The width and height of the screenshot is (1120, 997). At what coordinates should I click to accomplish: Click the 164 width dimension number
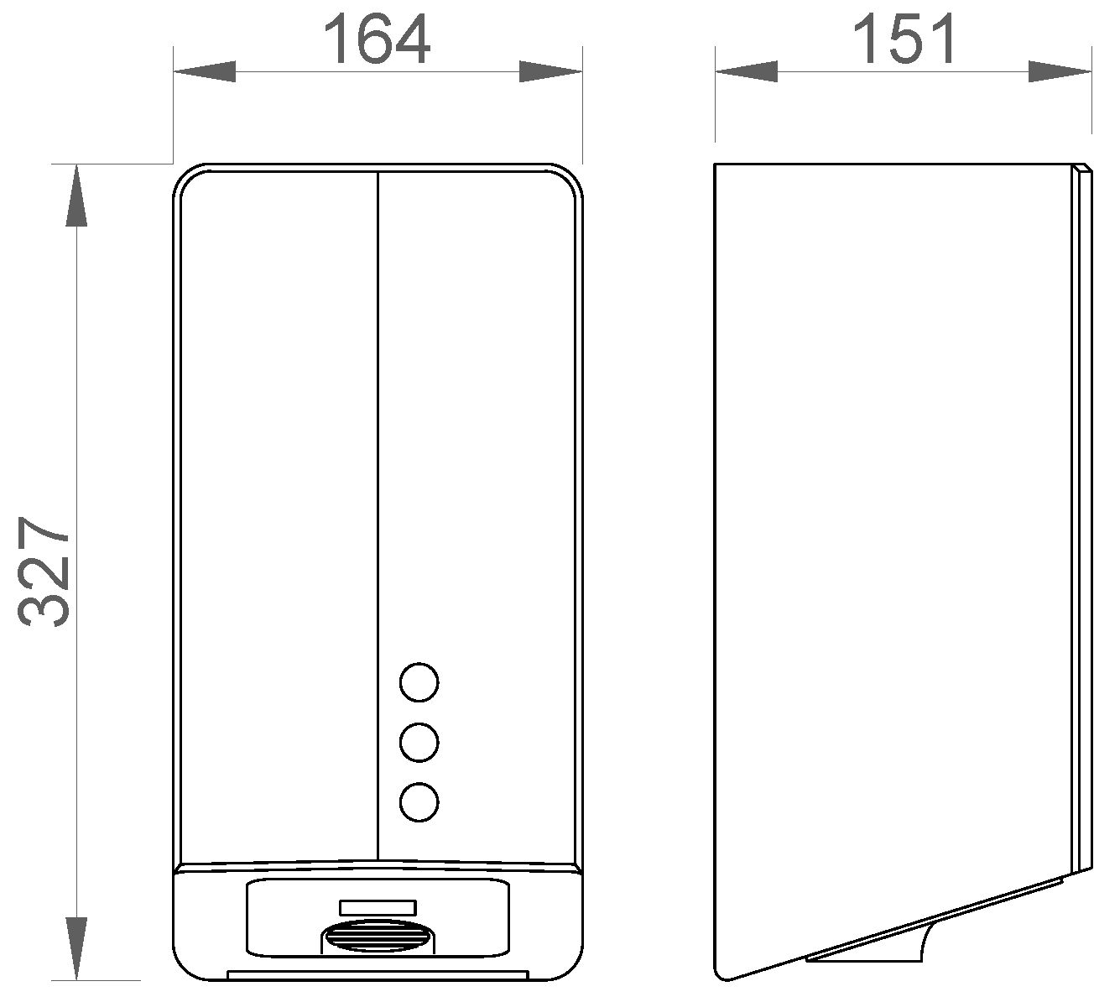[x=376, y=40]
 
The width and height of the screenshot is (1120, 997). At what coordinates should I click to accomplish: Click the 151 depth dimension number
[x=904, y=39]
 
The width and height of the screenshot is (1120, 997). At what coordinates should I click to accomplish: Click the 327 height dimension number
[x=44, y=572]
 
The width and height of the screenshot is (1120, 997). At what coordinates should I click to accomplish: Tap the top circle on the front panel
[x=419, y=681]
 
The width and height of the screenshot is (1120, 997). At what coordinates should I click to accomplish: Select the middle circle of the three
[x=419, y=742]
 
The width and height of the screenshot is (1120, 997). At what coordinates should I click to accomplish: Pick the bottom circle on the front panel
[x=419, y=801]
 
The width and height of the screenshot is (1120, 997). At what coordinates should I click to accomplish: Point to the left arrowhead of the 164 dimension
[x=205, y=71]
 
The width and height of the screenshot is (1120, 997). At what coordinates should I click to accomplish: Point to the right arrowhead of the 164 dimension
[x=550, y=71]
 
